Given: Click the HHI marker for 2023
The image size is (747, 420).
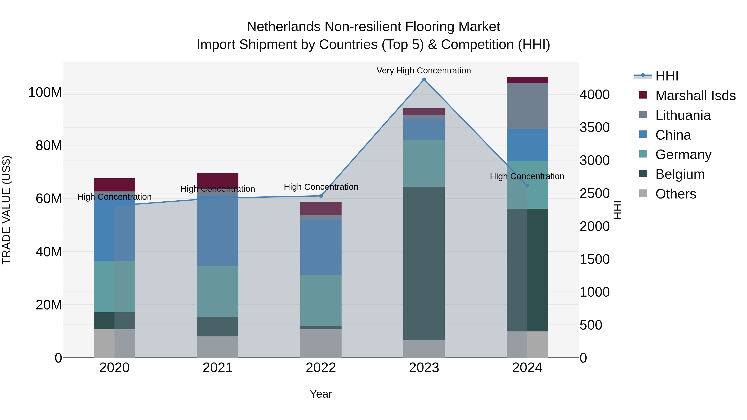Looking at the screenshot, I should pyautogui.click(x=424, y=79).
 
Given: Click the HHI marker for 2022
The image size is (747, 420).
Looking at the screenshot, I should pyautogui.click(x=321, y=196).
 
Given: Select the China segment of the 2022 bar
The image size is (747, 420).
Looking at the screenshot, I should pyautogui.click(x=321, y=247).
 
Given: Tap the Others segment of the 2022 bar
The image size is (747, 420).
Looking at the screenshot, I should pyautogui.click(x=321, y=343).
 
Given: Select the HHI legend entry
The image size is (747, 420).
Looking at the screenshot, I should pyautogui.click(x=666, y=76).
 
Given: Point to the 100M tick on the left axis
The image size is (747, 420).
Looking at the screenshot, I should pyautogui.click(x=45, y=93).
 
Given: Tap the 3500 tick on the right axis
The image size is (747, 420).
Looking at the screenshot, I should pyautogui.click(x=594, y=128).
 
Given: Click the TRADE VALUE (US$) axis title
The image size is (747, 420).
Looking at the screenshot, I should pyautogui.click(x=6, y=210).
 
